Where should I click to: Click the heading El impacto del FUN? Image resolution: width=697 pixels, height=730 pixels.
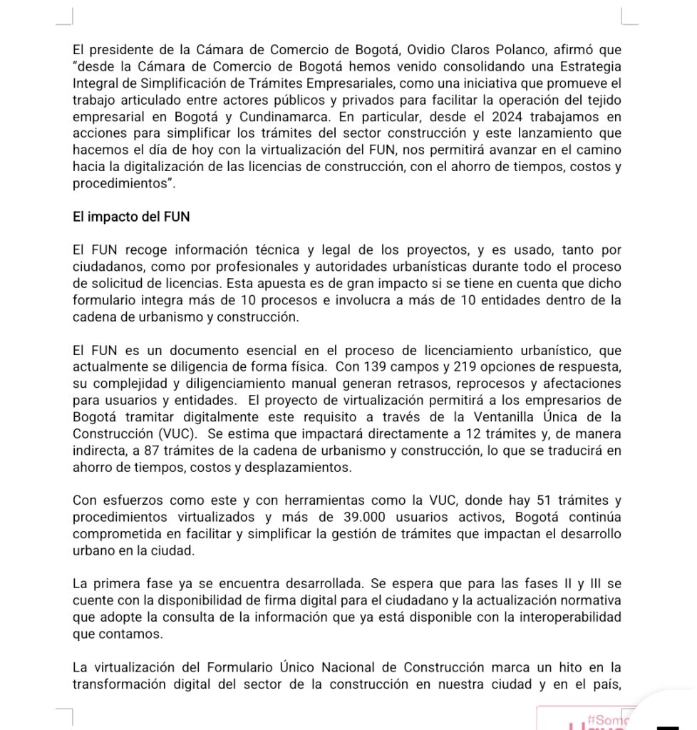(x=131, y=217)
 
